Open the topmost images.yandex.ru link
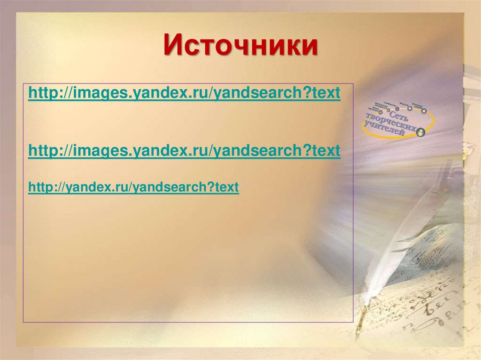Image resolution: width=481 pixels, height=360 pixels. click(184, 93)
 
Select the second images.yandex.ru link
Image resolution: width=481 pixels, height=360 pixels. click(184, 151)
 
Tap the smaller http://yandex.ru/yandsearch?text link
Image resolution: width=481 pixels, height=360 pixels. click(133, 188)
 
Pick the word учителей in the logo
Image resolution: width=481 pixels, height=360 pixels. click(384, 131)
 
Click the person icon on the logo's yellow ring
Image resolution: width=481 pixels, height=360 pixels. click(420, 132)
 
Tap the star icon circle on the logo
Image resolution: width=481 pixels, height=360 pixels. click(424, 111)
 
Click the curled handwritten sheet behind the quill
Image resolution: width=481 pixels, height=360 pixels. click(437, 300)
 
